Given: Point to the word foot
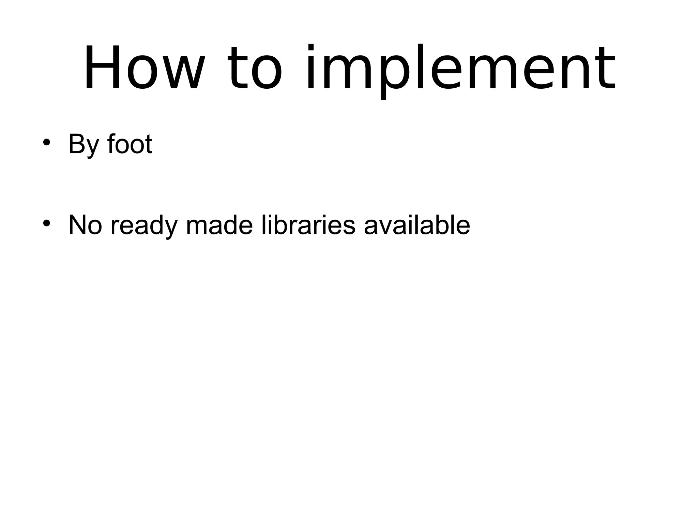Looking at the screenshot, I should (x=130, y=144).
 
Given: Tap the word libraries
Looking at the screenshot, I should (x=308, y=225).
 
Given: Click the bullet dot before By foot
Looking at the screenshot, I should (x=47, y=142).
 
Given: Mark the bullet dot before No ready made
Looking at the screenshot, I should (x=47, y=223).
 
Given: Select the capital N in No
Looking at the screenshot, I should (x=78, y=225).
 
